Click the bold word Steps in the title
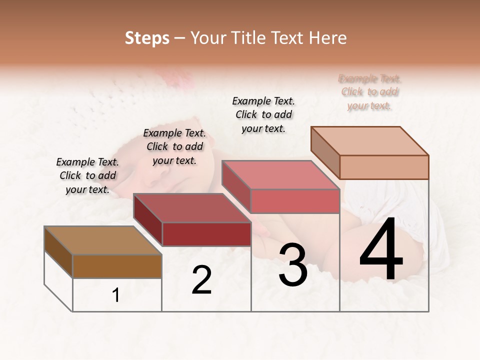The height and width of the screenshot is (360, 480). click(x=147, y=38)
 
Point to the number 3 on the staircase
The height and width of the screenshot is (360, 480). click(x=293, y=265)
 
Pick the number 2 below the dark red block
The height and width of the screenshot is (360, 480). click(x=201, y=280)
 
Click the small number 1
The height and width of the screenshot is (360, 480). click(x=116, y=295)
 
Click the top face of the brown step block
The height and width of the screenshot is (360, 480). click(x=103, y=240)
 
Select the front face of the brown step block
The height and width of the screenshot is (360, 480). click(x=117, y=266)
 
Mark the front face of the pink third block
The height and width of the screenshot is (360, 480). click(x=295, y=201)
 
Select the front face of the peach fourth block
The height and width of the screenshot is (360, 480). click(x=384, y=167)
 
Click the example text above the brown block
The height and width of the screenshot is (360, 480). click(x=87, y=176)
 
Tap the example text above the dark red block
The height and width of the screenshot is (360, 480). click(x=174, y=147)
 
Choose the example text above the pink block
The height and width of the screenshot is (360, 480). click(x=263, y=114)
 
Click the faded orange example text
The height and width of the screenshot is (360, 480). click(x=369, y=92)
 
